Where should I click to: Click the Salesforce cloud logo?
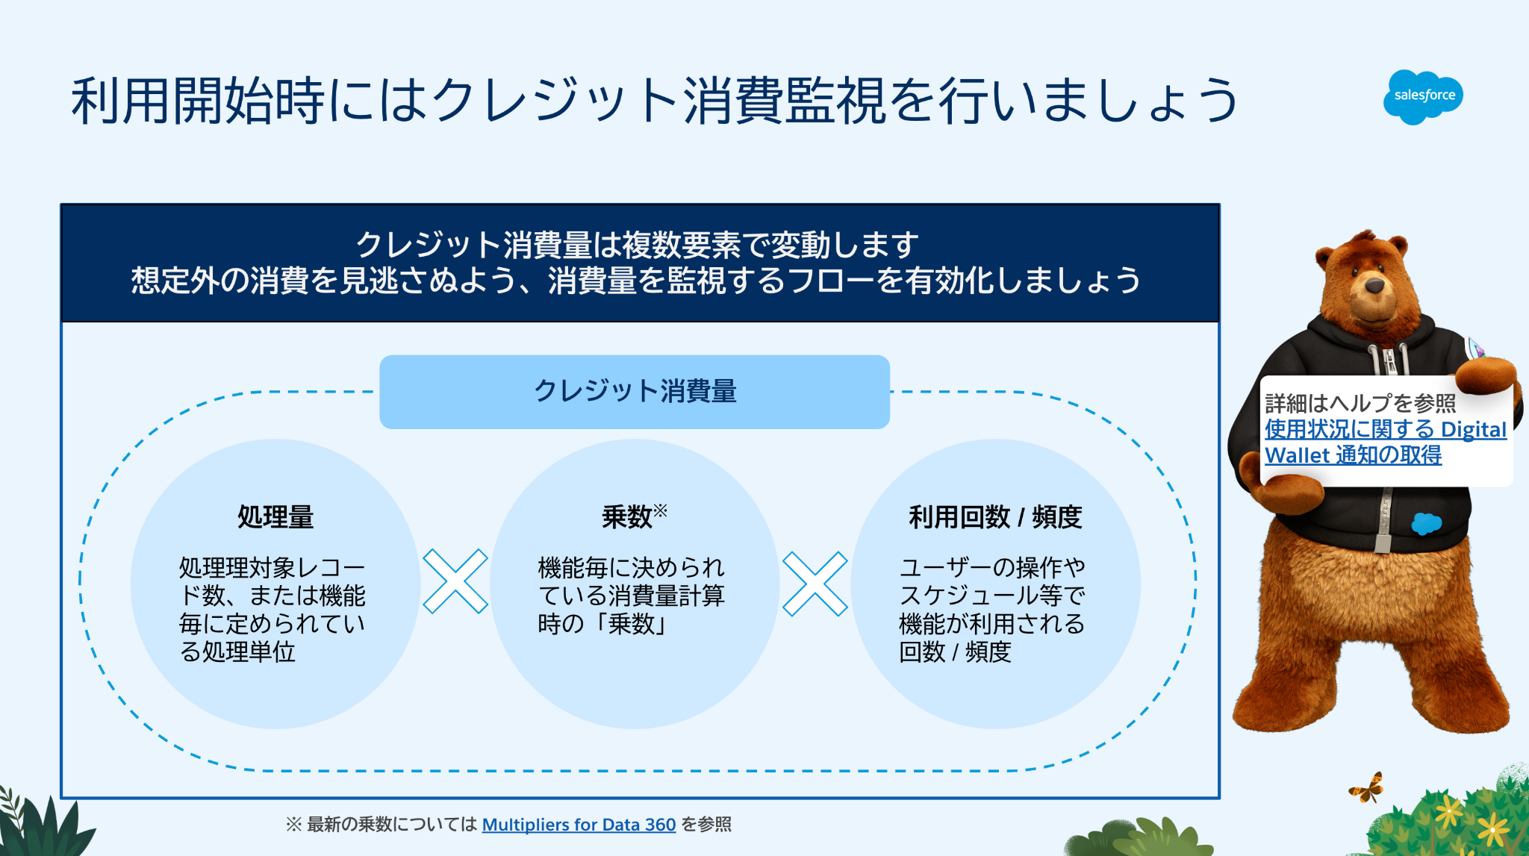tap(1423, 96)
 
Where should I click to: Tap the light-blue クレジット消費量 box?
tap(635, 392)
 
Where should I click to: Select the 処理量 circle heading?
tap(275, 517)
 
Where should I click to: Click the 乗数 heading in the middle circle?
tap(627, 517)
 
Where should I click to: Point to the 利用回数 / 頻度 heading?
tap(995, 517)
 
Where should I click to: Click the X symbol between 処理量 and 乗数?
tap(455, 582)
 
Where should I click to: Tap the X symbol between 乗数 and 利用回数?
tap(815, 584)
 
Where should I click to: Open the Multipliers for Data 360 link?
tap(579, 825)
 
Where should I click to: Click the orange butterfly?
tap(1367, 788)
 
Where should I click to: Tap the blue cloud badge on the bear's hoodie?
tap(1426, 523)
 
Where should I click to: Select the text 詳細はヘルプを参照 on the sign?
tap(1360, 404)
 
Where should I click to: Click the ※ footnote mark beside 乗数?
tap(661, 510)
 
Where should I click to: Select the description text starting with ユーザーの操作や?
tap(991, 609)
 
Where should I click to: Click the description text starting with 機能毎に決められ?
tap(631, 596)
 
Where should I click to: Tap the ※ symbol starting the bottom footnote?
tap(293, 825)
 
